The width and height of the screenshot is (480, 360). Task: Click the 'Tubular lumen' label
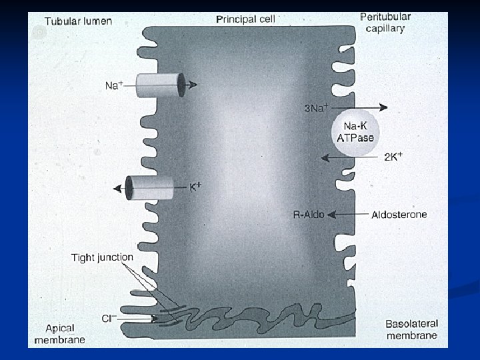click(78, 21)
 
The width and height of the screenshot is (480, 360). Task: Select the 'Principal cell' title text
click(245, 19)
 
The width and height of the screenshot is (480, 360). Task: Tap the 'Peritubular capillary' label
click(385, 22)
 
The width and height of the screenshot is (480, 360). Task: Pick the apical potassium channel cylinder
click(151, 188)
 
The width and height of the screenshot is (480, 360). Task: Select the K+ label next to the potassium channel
click(195, 187)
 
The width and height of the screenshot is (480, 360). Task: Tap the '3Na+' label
click(315, 107)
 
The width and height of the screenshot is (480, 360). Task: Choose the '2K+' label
click(393, 157)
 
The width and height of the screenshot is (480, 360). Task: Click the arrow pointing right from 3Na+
click(363, 107)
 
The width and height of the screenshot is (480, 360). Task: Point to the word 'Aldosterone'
click(398, 215)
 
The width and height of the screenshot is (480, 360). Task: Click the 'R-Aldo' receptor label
click(309, 215)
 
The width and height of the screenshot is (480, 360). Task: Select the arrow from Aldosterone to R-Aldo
click(347, 215)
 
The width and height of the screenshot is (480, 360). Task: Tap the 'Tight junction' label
click(102, 257)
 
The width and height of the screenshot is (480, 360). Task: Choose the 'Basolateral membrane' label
click(411, 329)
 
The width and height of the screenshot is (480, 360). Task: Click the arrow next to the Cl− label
click(140, 319)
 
